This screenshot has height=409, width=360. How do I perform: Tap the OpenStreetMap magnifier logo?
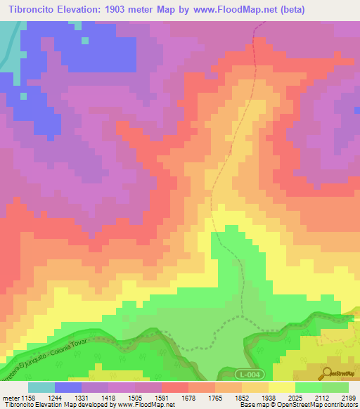327,372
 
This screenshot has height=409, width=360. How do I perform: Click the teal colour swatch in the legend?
41,387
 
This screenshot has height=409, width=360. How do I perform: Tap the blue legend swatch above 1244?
68,387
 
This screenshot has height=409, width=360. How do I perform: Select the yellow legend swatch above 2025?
282,387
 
